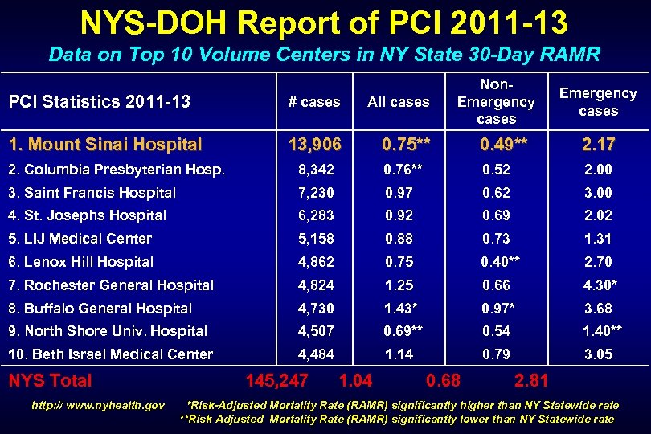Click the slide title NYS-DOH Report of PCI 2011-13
coord(325,23)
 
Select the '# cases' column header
coord(314,101)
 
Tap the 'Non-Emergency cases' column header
coord(496,101)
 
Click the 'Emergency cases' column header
coord(598,102)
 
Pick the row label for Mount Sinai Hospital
coord(104,145)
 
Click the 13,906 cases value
coord(314,145)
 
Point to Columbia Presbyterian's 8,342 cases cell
coord(314,170)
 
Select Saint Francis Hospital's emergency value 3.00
coord(598,193)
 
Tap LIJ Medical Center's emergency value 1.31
coord(598,239)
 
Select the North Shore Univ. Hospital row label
coord(108,331)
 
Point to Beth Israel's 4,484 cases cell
coord(314,354)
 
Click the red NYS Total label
coord(50,380)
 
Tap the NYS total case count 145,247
coord(277,380)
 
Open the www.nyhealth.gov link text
coord(98,405)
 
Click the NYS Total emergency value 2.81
coord(531,380)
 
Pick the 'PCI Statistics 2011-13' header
coord(99,101)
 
